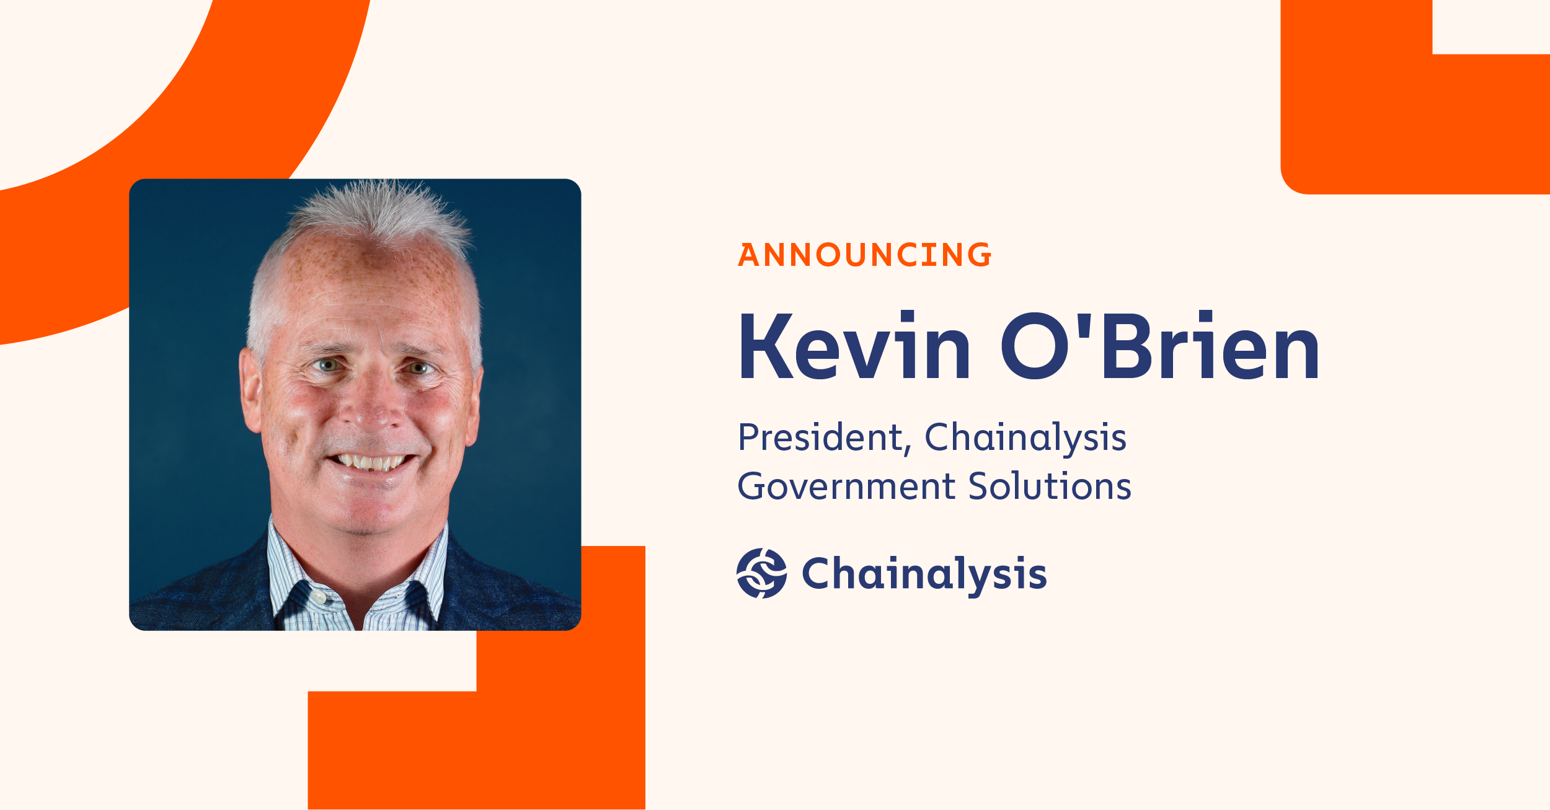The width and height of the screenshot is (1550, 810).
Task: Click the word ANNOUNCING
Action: tap(864, 255)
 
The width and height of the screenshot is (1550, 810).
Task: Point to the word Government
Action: tap(846, 486)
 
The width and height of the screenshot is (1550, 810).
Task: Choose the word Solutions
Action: tap(1049, 486)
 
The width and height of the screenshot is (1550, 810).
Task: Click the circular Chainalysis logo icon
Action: tap(761, 573)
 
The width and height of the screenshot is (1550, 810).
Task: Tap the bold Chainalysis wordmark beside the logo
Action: tap(924, 574)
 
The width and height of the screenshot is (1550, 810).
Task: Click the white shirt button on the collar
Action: tap(318, 597)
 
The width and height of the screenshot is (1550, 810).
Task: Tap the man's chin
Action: tap(366, 514)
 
